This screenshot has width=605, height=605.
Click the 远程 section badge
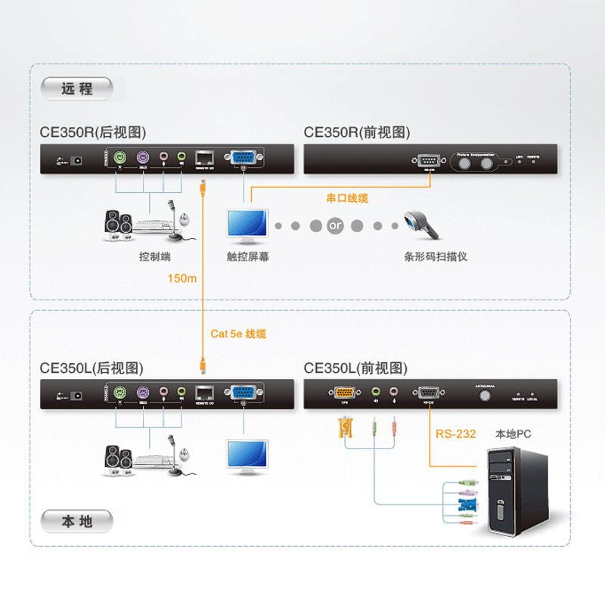77,88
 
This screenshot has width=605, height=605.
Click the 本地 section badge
77,521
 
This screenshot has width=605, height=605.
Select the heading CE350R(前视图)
357,132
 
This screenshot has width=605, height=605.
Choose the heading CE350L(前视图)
355,368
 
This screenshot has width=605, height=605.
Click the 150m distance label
182,278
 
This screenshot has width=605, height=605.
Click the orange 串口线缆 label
347,198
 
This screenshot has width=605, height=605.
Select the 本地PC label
513,434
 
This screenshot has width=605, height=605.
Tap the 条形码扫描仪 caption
436,256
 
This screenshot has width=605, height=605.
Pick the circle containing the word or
335,225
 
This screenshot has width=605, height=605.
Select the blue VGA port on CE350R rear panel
243,158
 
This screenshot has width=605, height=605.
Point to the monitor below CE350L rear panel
247,457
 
